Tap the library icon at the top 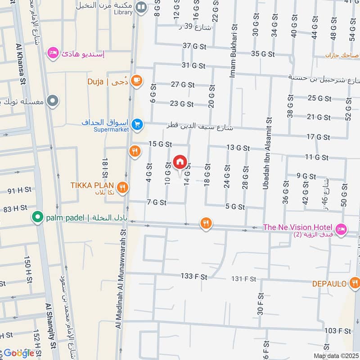141,7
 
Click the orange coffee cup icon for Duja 137,81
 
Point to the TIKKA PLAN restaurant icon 121,187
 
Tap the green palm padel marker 37,218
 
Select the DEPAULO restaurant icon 355,283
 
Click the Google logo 18,353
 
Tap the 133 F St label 194,277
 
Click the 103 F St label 337,331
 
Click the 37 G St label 194,46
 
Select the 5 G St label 235,207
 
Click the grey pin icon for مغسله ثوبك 53,100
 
